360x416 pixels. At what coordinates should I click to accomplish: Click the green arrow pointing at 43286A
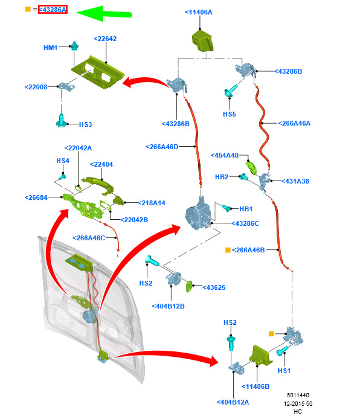(103, 13)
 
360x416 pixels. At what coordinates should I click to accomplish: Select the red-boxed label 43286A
(53, 10)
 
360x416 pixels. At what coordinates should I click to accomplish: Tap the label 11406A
(199, 12)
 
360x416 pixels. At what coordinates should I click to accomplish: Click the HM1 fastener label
(51, 48)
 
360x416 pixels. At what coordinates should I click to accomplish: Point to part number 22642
(105, 39)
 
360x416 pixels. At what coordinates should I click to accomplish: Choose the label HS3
(86, 124)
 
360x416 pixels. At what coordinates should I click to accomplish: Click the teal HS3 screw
(62, 121)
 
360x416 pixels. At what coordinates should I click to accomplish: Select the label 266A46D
(162, 147)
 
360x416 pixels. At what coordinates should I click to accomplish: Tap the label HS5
(230, 114)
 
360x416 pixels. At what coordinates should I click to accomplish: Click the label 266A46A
(294, 123)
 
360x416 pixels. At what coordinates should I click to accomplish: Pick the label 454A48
(225, 155)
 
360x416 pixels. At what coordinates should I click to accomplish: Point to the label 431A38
(295, 181)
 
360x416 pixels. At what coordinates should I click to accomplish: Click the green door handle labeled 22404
(99, 184)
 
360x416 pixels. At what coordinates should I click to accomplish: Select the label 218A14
(152, 203)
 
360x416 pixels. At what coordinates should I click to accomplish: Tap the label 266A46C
(89, 238)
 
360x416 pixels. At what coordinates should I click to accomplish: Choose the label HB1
(246, 209)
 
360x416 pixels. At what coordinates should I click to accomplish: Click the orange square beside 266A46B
(228, 250)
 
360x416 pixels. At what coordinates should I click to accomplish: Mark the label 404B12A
(233, 402)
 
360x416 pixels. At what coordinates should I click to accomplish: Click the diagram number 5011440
(298, 395)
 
